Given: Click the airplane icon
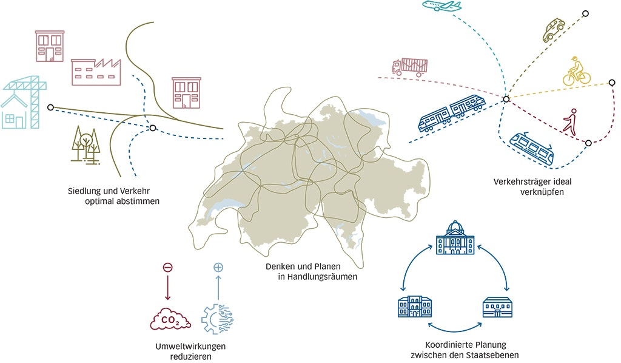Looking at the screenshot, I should [441, 7].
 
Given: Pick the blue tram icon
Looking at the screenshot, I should [531, 148].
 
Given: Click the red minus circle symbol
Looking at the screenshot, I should [167, 267].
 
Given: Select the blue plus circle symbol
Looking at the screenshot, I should [217, 267].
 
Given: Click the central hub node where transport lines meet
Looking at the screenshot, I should [505, 98].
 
